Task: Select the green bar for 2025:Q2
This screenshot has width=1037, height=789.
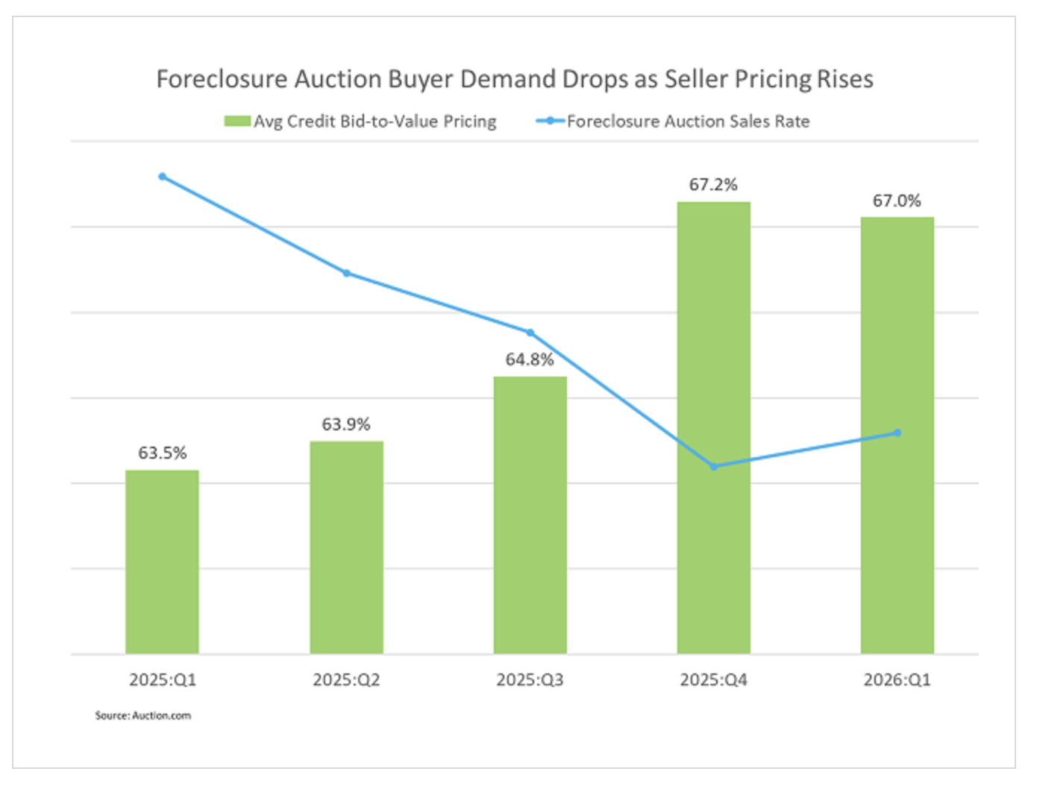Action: [346, 547]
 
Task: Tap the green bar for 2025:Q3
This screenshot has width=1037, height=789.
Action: [530, 515]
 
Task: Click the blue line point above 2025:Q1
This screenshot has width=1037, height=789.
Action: [163, 177]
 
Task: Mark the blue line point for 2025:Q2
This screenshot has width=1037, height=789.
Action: [347, 273]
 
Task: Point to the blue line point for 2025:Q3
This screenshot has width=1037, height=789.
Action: [530, 333]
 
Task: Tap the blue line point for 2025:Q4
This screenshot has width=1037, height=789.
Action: [714, 467]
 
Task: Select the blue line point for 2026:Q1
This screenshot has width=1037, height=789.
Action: [897, 433]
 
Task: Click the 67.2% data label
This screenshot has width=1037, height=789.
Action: [713, 184]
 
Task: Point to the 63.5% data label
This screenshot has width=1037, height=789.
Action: [162, 453]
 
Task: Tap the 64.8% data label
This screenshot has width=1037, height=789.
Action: [530, 359]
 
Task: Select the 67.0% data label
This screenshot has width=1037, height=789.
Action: [897, 201]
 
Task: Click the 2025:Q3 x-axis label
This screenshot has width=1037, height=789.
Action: [530, 679]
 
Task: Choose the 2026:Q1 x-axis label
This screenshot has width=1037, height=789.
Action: [897, 679]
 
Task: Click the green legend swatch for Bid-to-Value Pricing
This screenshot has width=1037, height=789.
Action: [237, 121]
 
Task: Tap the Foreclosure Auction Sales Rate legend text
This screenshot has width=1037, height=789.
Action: [688, 121]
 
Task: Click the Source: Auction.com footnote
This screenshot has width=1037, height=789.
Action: [142, 715]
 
